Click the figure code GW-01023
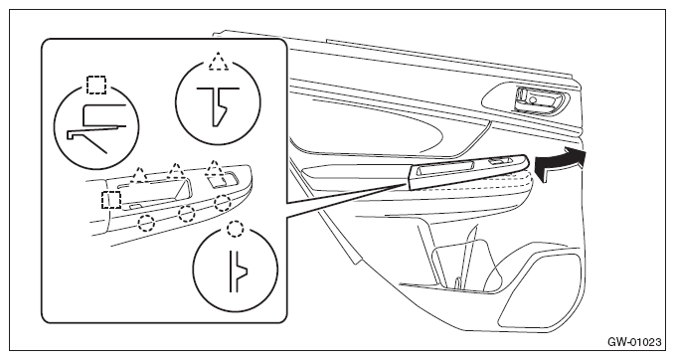[634, 342]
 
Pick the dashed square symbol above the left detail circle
[96, 85]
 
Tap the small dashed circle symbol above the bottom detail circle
[235, 229]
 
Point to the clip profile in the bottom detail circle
[238, 271]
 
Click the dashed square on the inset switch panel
[110, 200]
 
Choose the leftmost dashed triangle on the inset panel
[138, 175]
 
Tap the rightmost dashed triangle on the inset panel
[213, 169]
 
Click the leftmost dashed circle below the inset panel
[146, 222]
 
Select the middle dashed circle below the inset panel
[186, 213]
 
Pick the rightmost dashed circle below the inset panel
[222, 203]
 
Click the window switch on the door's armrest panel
[499, 161]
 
